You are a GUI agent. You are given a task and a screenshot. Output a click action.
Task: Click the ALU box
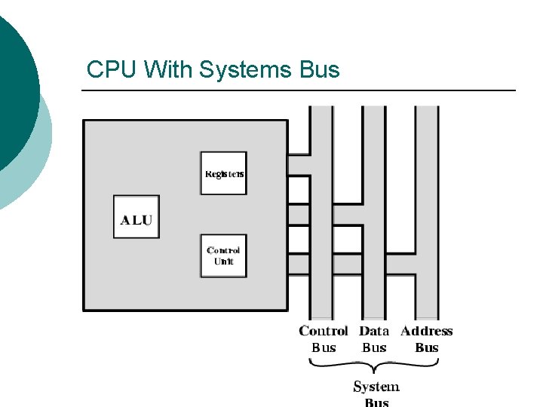[137, 217]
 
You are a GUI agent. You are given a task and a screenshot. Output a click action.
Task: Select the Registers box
[223, 173]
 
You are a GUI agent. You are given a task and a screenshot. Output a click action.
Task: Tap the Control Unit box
[223, 256]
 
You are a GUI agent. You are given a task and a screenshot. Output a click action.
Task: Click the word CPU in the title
[112, 70]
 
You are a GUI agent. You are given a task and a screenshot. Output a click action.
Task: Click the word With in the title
[167, 70]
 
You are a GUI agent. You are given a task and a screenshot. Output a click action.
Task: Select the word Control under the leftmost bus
[324, 331]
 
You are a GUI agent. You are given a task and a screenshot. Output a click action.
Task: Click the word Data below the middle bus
[374, 331]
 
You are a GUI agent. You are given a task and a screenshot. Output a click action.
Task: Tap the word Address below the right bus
[427, 331]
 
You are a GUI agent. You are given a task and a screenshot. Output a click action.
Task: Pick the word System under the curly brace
[376, 387]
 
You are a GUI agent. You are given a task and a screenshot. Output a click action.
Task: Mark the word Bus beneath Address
[427, 347]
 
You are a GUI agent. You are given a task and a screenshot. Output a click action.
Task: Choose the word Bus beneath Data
[374, 347]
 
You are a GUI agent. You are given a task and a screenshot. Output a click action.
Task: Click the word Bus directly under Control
[324, 347]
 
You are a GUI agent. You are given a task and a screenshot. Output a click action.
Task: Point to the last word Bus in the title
[319, 70]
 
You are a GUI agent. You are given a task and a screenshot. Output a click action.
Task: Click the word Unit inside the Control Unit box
[224, 262]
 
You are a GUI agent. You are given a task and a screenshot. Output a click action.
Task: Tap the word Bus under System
[376, 402]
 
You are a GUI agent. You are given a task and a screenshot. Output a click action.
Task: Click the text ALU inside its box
[137, 220]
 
